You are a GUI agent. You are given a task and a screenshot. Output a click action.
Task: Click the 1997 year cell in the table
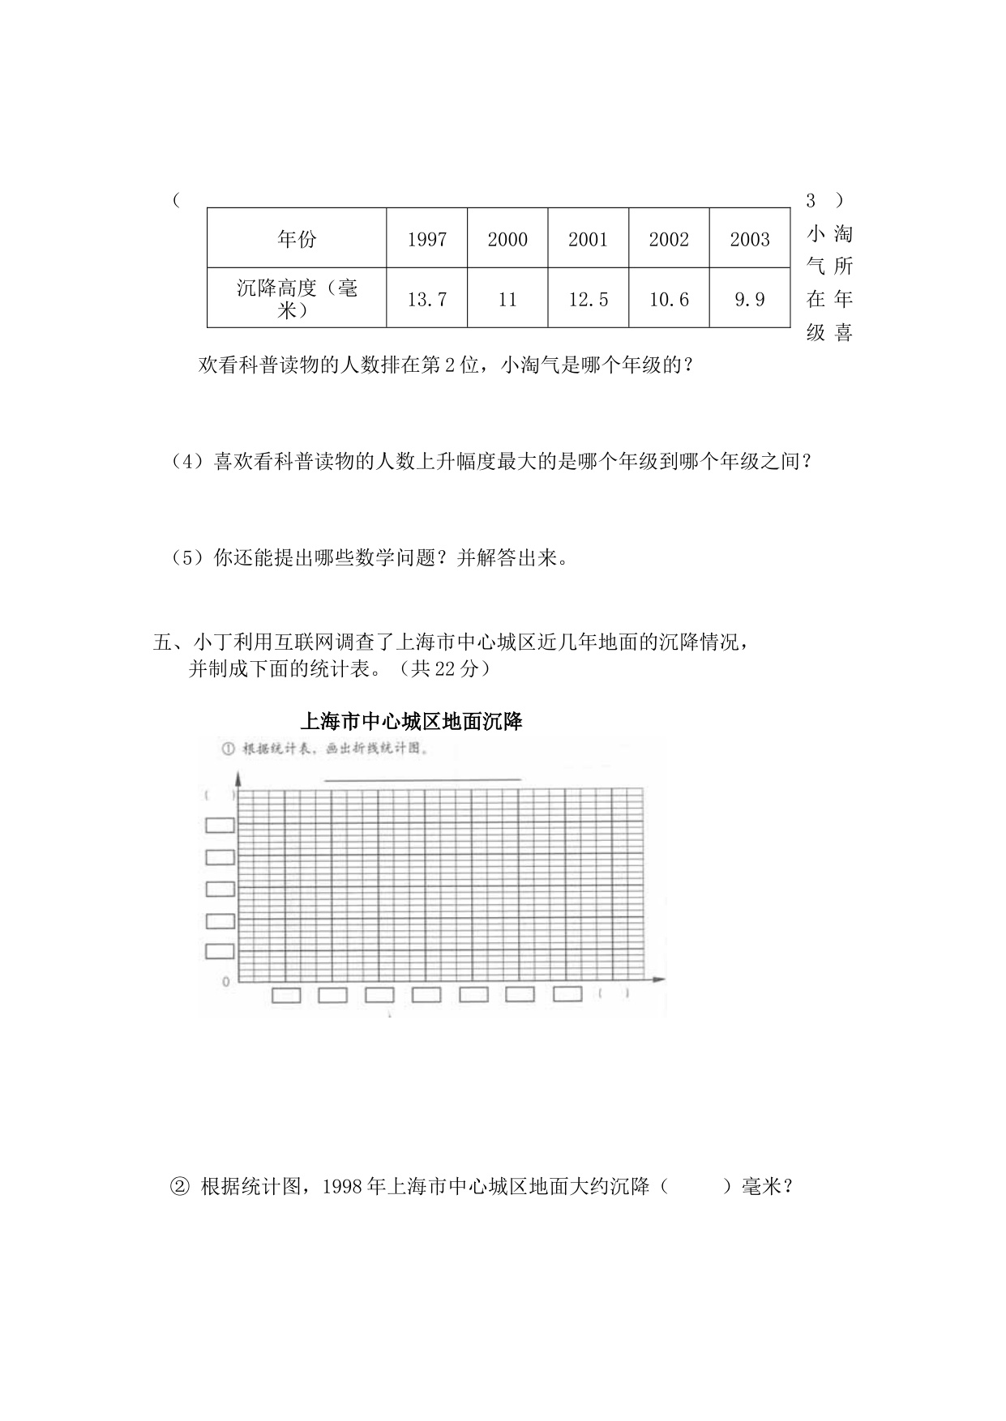(x=427, y=239)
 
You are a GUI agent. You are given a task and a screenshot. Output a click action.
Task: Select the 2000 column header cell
(x=507, y=239)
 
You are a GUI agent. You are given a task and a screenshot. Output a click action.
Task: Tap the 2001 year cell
(x=588, y=239)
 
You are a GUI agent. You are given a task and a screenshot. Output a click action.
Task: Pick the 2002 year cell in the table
(x=669, y=239)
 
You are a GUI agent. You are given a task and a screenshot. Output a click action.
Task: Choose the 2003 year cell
(x=750, y=239)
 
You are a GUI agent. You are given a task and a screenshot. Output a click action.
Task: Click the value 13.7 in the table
(x=427, y=300)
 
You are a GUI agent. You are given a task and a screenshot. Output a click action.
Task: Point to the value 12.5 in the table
(x=588, y=300)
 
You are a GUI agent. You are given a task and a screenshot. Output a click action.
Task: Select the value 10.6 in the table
(x=669, y=300)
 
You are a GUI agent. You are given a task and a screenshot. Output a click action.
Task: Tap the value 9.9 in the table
(x=750, y=300)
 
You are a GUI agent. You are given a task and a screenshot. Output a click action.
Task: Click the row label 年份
(x=297, y=239)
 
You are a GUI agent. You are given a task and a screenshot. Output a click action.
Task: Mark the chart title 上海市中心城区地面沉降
(x=411, y=721)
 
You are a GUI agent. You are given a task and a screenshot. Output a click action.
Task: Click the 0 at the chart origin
(x=226, y=982)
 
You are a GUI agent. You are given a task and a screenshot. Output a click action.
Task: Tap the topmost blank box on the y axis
(x=220, y=825)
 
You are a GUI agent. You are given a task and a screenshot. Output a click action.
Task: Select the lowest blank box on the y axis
(x=220, y=951)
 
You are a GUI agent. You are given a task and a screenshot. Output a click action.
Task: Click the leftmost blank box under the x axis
(x=285, y=995)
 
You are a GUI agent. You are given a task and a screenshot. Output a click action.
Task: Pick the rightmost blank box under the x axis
(x=567, y=993)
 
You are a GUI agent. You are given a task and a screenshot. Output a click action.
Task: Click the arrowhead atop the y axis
(x=238, y=779)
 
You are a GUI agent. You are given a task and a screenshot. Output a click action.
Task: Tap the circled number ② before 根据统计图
(x=178, y=1187)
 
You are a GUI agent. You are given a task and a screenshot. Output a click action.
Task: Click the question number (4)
(x=186, y=462)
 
